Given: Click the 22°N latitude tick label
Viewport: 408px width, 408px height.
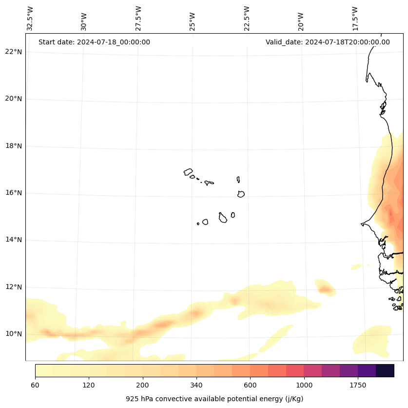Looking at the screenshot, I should click(14, 52).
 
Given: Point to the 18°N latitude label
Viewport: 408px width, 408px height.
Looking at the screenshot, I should click(14, 146).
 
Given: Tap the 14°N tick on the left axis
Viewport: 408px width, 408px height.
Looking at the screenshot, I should click(14, 240).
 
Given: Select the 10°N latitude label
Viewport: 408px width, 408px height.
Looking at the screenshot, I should click(14, 334).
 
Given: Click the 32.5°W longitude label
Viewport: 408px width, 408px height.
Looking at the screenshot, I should click(30, 19).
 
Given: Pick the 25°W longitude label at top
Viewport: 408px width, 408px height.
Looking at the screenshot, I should click(193, 21).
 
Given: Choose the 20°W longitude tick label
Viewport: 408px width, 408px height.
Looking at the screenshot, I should click(301, 21).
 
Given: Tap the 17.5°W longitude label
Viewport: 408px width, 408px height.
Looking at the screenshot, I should click(355, 19).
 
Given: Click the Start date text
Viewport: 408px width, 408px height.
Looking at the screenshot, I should click(94, 42).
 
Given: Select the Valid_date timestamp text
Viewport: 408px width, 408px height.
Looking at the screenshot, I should click(328, 42).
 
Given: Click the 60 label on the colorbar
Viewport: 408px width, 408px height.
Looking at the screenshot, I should click(35, 386).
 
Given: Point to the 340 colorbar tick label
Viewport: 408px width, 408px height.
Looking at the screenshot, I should click(196, 386).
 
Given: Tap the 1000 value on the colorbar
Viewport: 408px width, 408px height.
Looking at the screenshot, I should click(304, 386).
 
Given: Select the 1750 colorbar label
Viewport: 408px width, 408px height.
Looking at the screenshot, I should click(358, 386).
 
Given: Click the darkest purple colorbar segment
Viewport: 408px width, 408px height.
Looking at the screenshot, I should click(385, 370).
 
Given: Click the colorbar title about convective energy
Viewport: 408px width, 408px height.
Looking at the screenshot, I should click(214, 399).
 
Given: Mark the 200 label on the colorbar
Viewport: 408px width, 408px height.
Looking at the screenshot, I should click(143, 386).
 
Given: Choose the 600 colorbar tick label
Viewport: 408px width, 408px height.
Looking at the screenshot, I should click(250, 386).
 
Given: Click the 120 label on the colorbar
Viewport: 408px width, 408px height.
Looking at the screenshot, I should click(89, 386).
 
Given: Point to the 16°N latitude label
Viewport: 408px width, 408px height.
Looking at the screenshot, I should click(14, 193).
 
